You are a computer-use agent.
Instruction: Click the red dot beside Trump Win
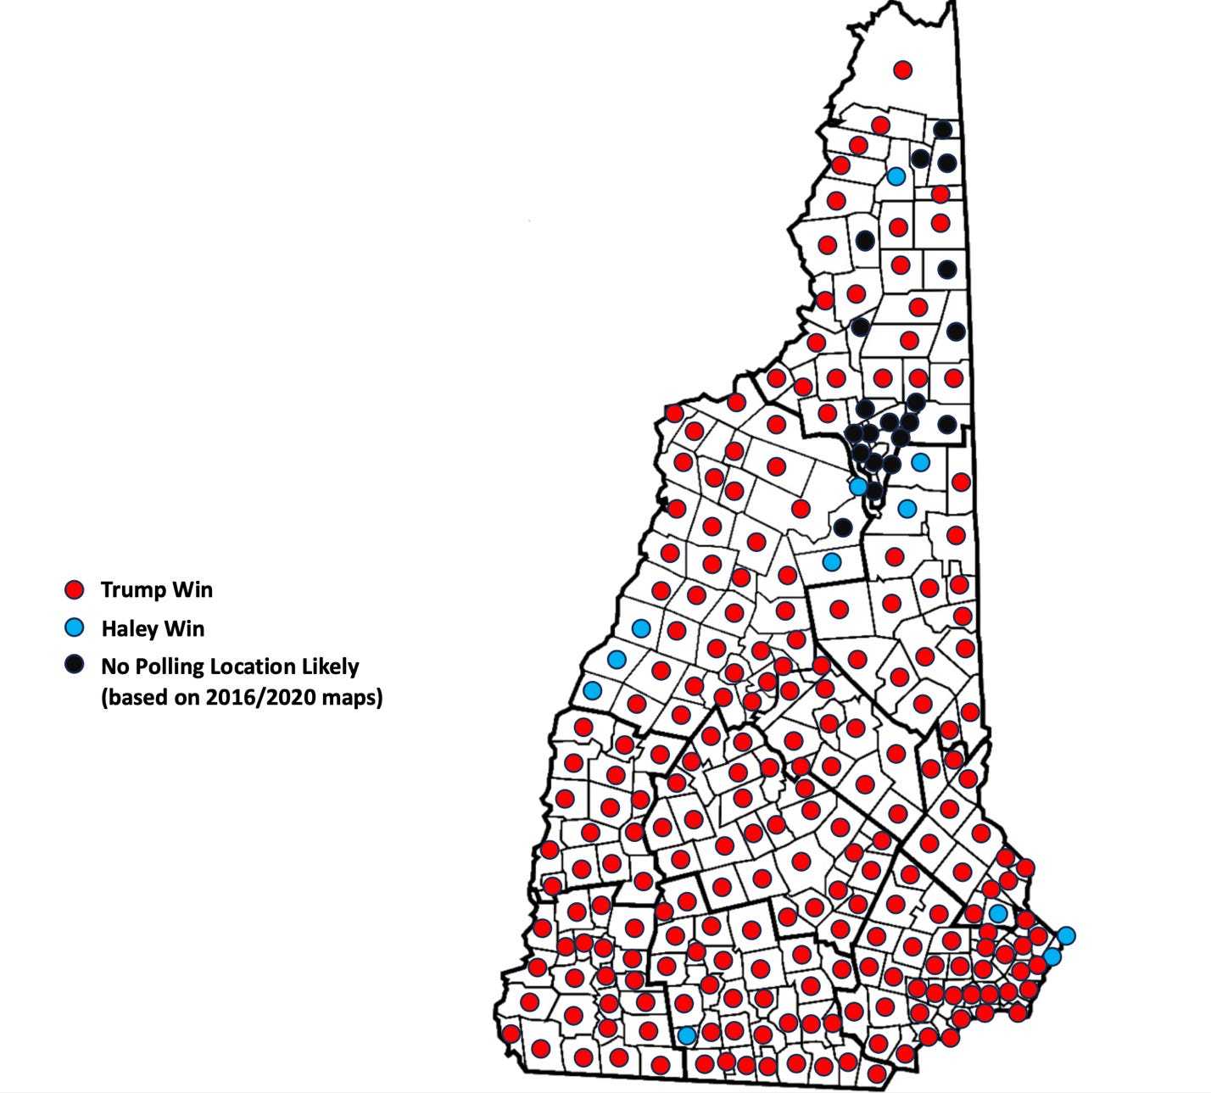pyautogui.click(x=75, y=589)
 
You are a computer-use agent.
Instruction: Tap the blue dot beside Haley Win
pyautogui.click(x=75, y=627)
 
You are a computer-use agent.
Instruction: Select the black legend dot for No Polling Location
pyautogui.click(x=75, y=665)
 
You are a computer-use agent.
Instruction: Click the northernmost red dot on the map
pyautogui.click(x=903, y=70)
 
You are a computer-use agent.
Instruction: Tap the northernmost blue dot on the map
pyautogui.click(x=896, y=176)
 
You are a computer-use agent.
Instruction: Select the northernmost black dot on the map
pyautogui.click(x=942, y=130)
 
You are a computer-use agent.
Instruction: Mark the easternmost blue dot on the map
pyautogui.click(x=1066, y=935)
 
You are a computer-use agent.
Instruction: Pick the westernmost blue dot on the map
pyautogui.click(x=592, y=690)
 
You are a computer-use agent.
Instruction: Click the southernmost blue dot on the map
pyautogui.click(x=687, y=1035)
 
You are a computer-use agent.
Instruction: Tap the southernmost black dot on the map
pyautogui.click(x=842, y=527)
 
